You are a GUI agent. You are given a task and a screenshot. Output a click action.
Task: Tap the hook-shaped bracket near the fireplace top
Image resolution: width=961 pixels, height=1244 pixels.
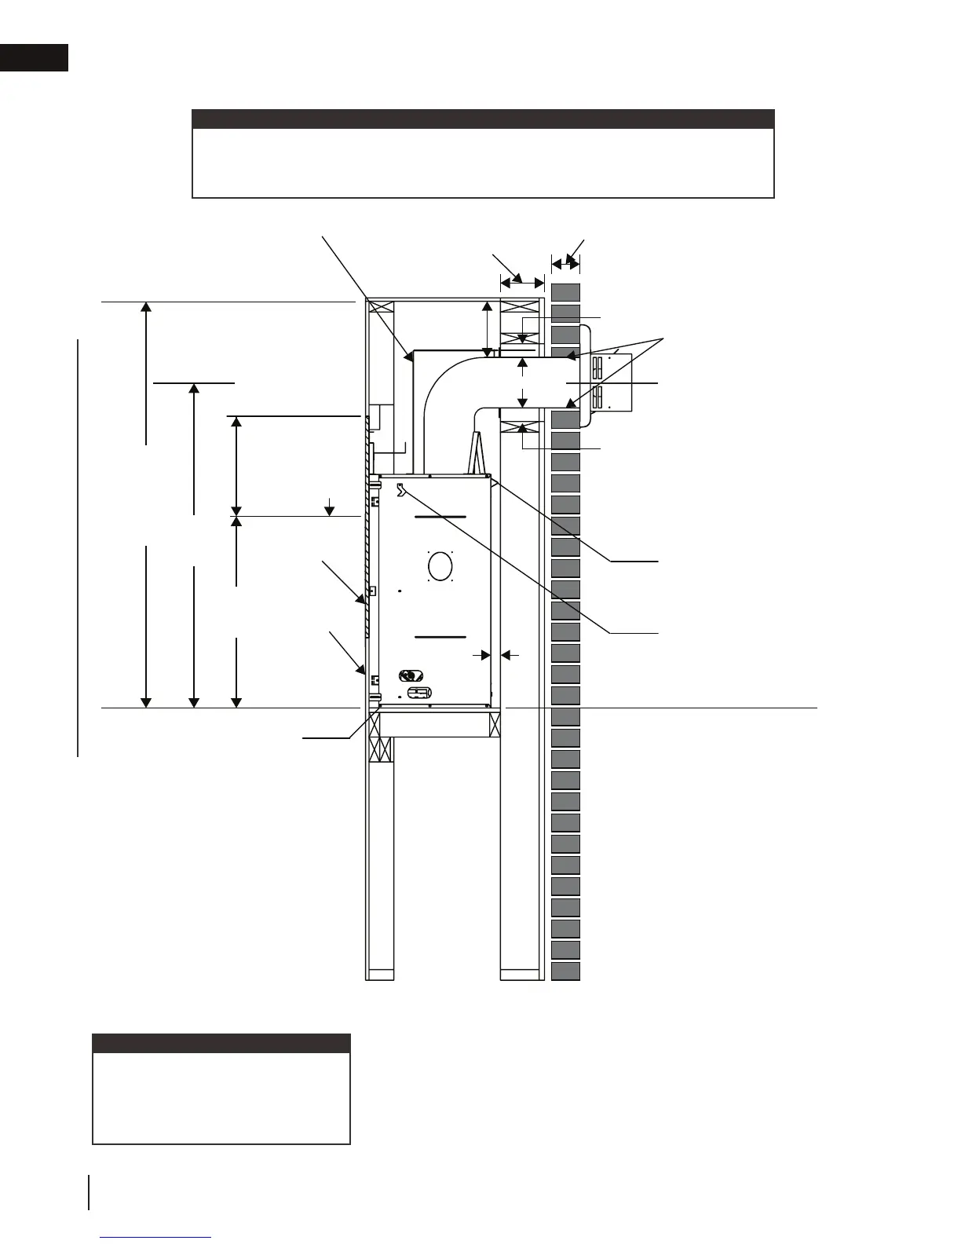pyautogui.click(x=402, y=490)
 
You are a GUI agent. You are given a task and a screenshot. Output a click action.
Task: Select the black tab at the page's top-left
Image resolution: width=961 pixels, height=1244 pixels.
pyautogui.click(x=34, y=57)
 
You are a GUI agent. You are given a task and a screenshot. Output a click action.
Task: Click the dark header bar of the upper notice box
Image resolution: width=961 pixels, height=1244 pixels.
pyautogui.click(x=483, y=119)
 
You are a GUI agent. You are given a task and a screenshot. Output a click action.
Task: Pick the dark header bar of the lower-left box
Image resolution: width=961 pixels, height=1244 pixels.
pyautogui.click(x=221, y=1043)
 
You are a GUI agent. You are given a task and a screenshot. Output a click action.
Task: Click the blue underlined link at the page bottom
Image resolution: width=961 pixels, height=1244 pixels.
pyautogui.click(x=156, y=1237)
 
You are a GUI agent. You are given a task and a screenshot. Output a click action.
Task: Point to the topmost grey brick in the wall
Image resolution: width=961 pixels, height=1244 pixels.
pyautogui.click(x=565, y=292)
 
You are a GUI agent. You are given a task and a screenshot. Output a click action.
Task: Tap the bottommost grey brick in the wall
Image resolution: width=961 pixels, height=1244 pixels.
pyautogui.click(x=565, y=971)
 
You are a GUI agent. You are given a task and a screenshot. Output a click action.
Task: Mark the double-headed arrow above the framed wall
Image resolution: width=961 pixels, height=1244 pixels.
pyautogui.click(x=522, y=280)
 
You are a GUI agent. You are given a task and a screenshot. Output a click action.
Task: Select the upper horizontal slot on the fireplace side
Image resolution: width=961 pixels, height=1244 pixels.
pyautogui.click(x=440, y=518)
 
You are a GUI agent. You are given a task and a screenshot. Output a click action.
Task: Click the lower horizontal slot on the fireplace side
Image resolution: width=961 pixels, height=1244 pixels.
pyautogui.click(x=440, y=636)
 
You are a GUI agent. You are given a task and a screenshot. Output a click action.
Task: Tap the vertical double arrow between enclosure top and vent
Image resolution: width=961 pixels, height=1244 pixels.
pyautogui.click(x=488, y=329)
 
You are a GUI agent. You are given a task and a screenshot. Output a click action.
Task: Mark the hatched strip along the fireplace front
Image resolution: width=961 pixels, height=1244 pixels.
pyautogui.click(x=367, y=526)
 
